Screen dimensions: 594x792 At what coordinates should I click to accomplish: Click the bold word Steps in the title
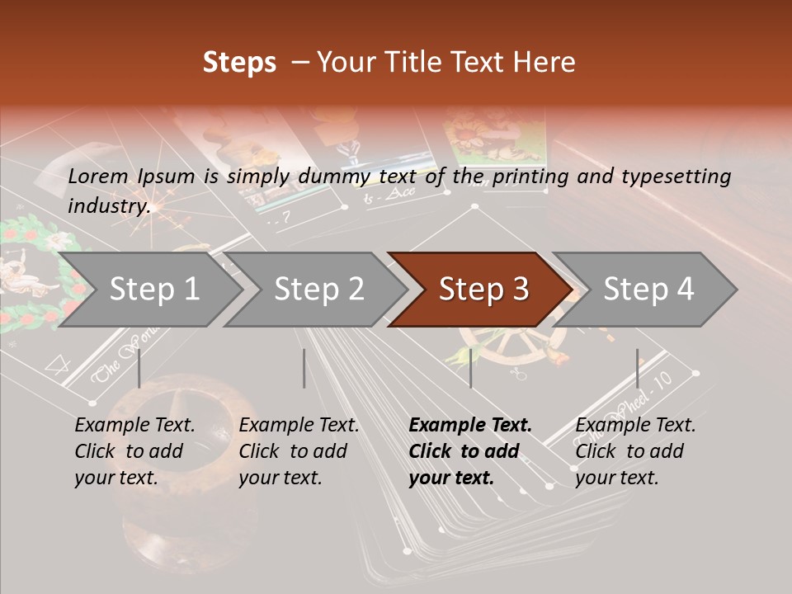click(239, 63)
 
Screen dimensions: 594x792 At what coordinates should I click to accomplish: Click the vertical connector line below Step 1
click(139, 368)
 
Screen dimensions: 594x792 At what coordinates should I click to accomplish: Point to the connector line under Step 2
click(304, 368)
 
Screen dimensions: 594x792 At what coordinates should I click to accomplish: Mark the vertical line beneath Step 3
click(471, 368)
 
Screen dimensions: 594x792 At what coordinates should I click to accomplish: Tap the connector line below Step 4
click(638, 368)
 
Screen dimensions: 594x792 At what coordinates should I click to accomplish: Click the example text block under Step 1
click(134, 451)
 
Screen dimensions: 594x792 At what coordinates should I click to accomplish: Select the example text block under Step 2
click(299, 451)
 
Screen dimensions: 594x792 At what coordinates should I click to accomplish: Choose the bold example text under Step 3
click(470, 451)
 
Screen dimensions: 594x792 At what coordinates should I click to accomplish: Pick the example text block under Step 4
click(635, 451)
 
